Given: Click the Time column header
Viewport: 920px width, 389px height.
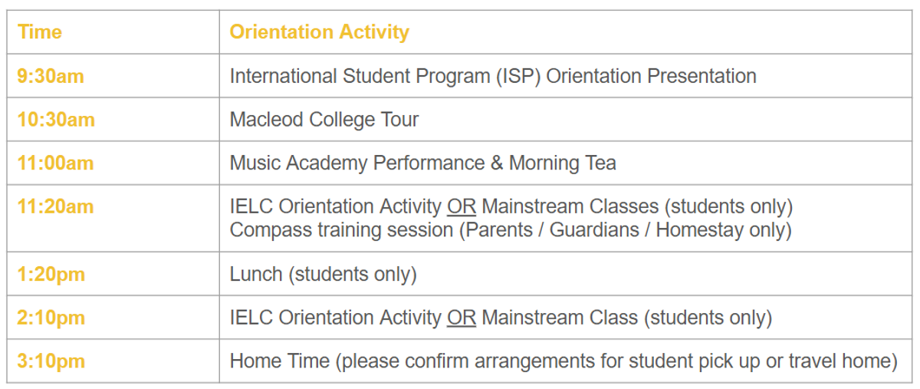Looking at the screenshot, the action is (40, 31).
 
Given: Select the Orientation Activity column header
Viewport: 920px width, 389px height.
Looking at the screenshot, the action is (320, 31).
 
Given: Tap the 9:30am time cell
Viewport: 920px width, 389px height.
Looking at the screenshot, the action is (51, 76).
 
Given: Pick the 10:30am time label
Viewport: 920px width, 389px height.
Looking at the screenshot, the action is (56, 120).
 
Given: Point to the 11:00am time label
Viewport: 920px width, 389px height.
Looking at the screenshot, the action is (55, 163).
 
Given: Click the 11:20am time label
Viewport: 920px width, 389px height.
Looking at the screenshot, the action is (55, 206).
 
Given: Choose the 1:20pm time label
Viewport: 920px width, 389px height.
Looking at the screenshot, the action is (51, 274).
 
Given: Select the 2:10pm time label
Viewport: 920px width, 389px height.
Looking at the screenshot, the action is (51, 318).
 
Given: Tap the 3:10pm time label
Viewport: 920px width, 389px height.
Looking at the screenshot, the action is (51, 361).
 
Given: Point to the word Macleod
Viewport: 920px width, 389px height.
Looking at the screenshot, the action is (267, 120).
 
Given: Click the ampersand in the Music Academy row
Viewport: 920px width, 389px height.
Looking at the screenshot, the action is (497, 163).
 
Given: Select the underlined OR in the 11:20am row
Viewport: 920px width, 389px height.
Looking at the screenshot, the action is (462, 206).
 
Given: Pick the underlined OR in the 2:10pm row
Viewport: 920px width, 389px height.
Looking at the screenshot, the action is (462, 318).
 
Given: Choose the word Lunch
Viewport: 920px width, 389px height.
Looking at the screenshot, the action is (256, 274).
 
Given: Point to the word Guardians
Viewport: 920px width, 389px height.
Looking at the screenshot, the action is (594, 230).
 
